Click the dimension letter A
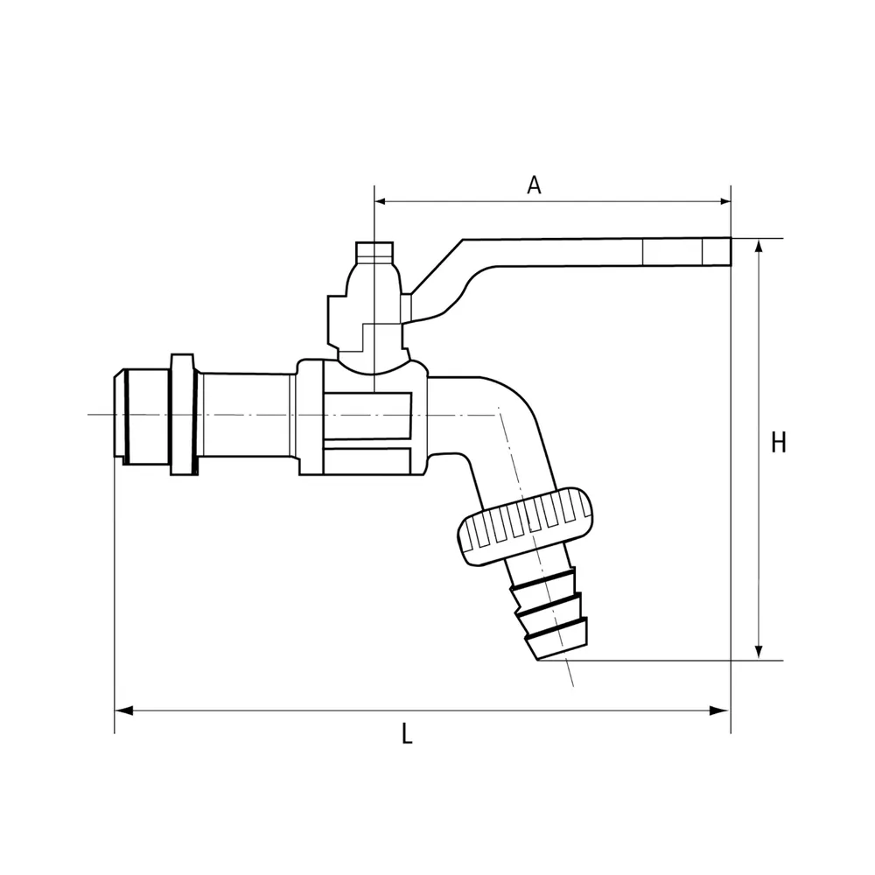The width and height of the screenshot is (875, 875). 534,185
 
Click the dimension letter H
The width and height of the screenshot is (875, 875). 779,443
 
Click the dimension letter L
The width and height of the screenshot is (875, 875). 407,734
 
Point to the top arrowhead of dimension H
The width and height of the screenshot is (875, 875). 759,248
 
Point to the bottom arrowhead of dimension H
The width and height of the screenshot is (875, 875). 759,651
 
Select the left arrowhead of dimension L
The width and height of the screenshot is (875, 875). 124,710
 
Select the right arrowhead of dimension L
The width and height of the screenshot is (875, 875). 718,710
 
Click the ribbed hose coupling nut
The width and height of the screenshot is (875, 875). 524,526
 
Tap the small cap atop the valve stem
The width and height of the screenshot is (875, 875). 375,253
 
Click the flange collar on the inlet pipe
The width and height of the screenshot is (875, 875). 184,414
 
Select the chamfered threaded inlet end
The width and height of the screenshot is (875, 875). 142,416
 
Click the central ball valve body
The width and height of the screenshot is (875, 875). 363,417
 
